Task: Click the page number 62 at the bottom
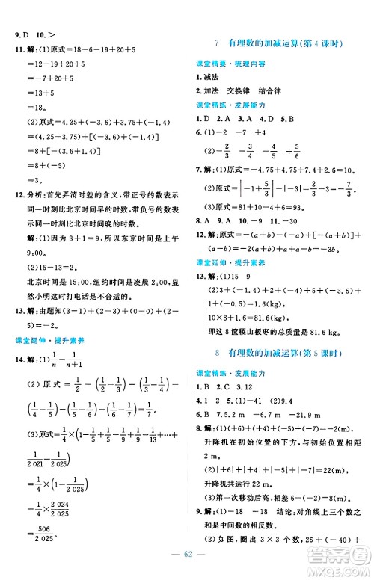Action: click(187, 566)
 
